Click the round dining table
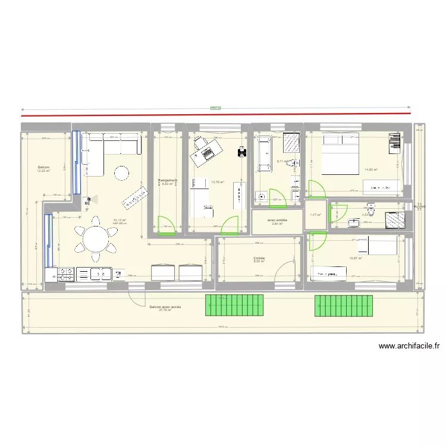95,240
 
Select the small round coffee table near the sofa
122,173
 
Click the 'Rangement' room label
168,181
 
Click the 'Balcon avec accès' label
165,308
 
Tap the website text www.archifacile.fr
409,346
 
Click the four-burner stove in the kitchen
65,274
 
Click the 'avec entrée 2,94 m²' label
278,222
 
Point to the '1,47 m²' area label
315,215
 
